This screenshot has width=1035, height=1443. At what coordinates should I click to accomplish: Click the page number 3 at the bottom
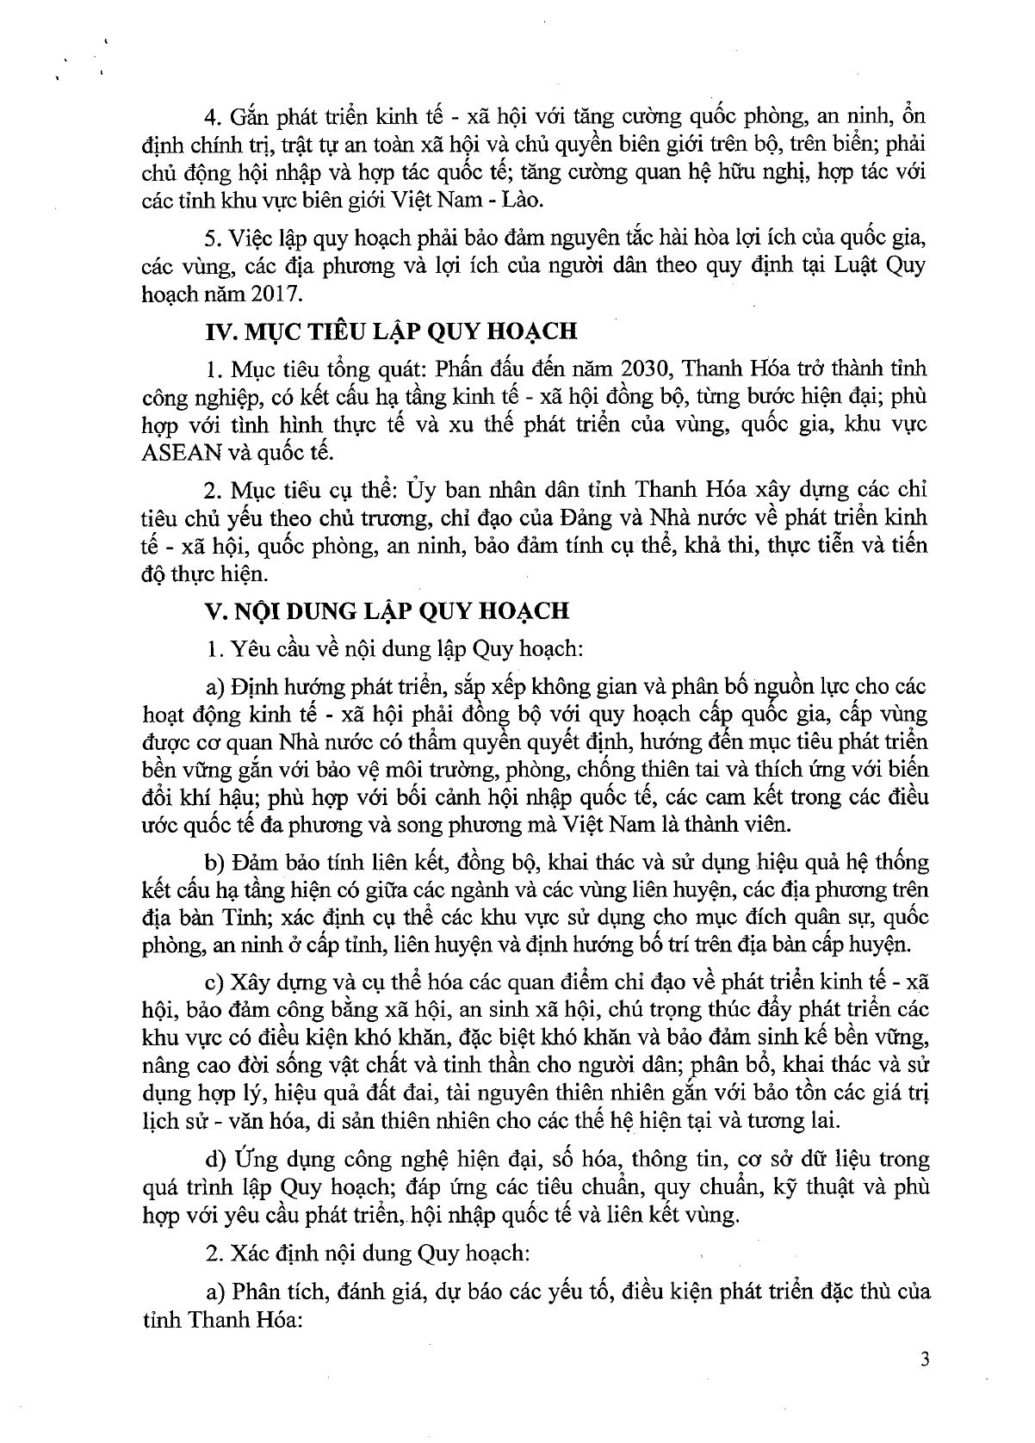pyautogui.click(x=926, y=1360)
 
